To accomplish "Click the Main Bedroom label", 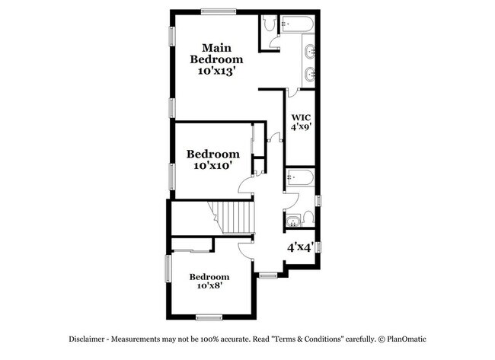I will point(216,53).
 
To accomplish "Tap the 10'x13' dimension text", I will point(216,70).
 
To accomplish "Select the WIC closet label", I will point(300,118).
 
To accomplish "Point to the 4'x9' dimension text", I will point(300,128).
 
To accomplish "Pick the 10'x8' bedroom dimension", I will point(209,286).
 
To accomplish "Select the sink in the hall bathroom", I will point(293,223).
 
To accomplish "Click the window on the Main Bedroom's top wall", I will point(219,11).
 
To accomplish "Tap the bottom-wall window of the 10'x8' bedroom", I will point(208,316).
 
